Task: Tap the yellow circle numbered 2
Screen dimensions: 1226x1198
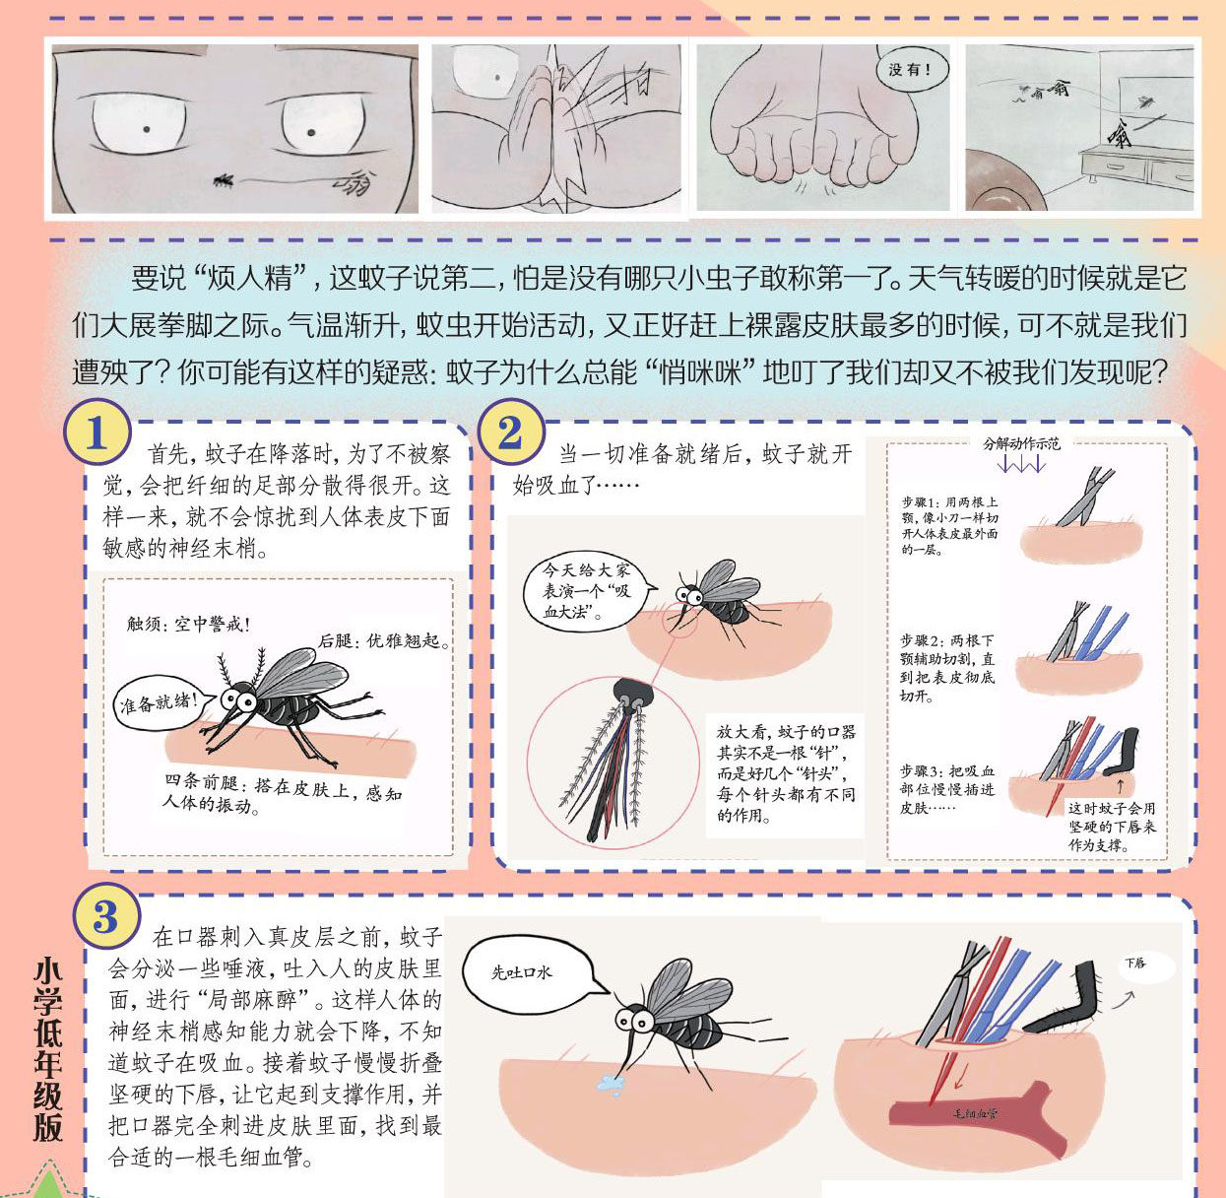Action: click(510, 433)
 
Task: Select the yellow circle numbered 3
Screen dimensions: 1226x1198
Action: click(105, 917)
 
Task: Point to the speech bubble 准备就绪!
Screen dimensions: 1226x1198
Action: click(161, 702)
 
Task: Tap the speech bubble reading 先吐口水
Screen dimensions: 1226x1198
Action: click(528, 972)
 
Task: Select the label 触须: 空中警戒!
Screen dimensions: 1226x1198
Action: click(188, 624)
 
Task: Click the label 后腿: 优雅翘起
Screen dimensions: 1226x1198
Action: click(383, 641)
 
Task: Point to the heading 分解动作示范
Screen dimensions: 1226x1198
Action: click(1021, 443)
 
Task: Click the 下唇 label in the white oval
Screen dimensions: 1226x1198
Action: click(1136, 963)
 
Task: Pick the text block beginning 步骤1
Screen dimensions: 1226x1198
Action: click(949, 525)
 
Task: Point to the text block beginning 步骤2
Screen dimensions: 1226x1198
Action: click(947, 668)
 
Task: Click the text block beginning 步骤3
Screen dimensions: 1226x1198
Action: click(947, 789)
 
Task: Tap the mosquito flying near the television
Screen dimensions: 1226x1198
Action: click(1145, 100)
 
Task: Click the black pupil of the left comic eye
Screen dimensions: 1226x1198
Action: click(146, 129)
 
